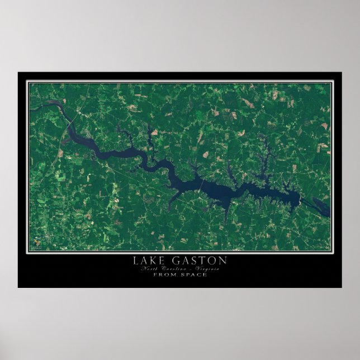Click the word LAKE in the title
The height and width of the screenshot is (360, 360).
coord(147,260)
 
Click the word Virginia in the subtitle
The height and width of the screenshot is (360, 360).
coord(207,269)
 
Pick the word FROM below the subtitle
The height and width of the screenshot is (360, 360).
coord(165,274)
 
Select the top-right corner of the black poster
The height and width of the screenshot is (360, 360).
coord(342,72)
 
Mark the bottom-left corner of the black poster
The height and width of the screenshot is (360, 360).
coord(18,287)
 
